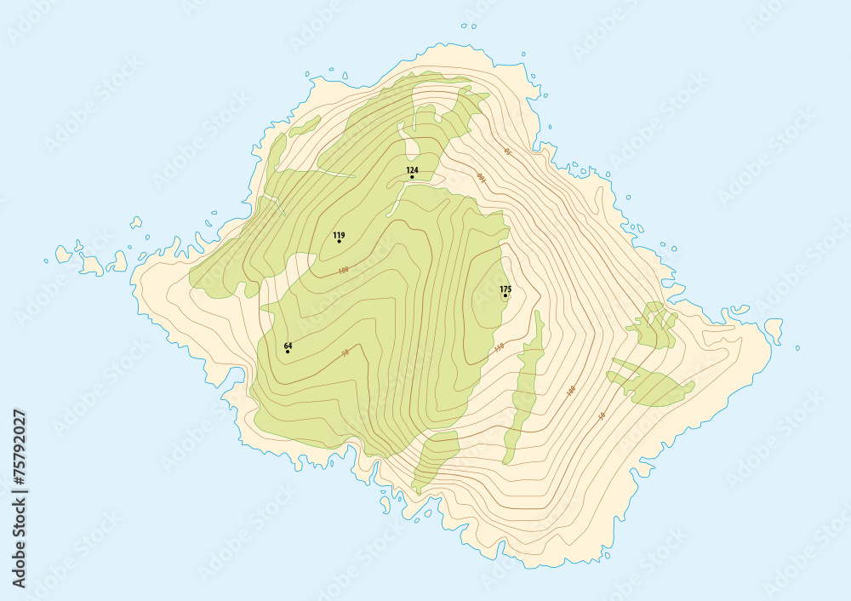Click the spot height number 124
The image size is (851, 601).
click(412, 170)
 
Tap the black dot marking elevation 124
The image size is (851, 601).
click(412, 177)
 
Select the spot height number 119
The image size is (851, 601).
click(339, 235)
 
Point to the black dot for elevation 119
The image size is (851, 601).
click(339, 242)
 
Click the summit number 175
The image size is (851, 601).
click(505, 289)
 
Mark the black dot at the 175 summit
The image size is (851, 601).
click(505, 296)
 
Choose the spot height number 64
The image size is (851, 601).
click(288, 346)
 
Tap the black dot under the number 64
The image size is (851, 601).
click(288, 352)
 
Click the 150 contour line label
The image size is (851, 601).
click(499, 347)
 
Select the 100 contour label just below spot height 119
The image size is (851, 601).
click(343, 271)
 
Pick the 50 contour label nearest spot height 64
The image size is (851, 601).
click(345, 352)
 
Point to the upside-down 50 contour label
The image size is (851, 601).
click(508, 152)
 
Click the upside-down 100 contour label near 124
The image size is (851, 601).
click(481, 177)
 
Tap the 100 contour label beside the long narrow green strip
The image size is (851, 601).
click(571, 391)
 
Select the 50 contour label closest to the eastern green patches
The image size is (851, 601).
click(602, 415)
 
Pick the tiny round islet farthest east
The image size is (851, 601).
click(797, 347)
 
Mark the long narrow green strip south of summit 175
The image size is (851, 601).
click(526, 387)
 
